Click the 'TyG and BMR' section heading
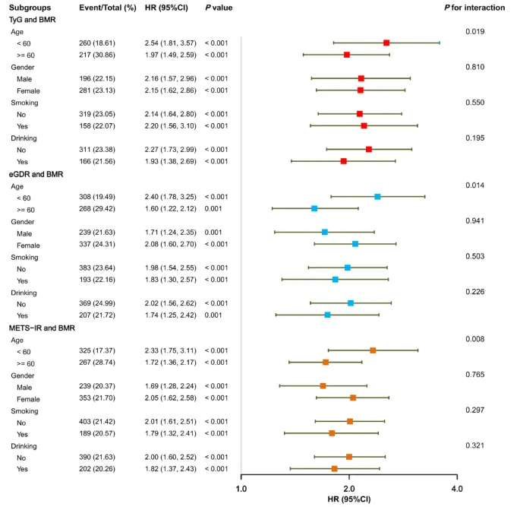[33, 19]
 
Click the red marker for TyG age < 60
[386, 43]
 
